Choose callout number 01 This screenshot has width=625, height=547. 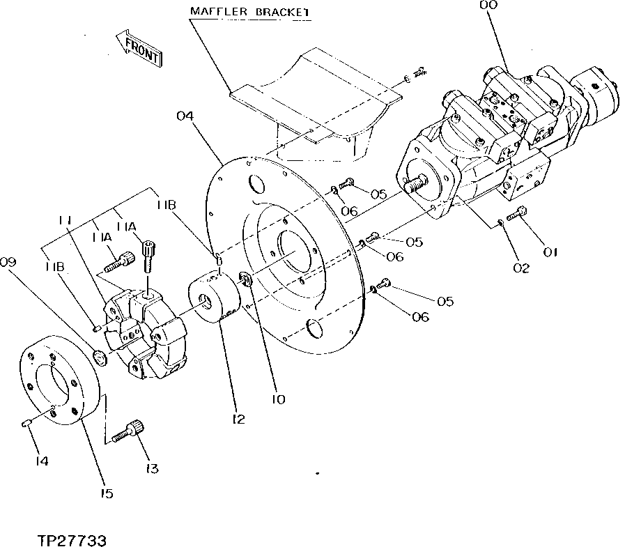point(550,252)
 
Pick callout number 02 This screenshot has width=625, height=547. point(521,266)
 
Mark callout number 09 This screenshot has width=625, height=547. point(8,263)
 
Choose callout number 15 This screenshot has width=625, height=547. point(106,493)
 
